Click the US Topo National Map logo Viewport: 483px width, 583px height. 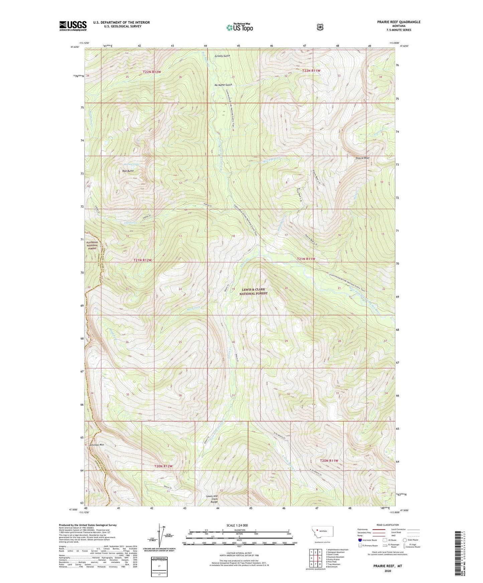[239, 27]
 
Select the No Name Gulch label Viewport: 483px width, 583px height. [223, 85]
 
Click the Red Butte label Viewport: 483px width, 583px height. [128, 171]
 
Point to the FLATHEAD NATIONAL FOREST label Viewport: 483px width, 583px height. [92, 245]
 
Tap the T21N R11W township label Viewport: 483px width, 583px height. [306, 259]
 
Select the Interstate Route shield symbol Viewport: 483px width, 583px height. [360, 540]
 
